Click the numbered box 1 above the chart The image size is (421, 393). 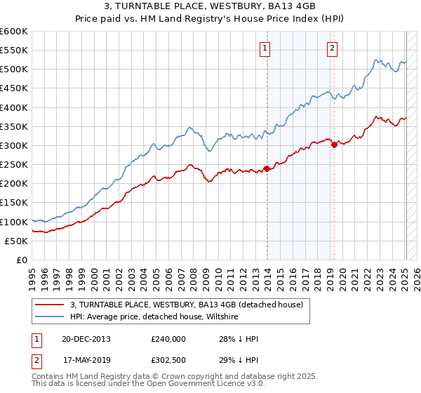point(265,48)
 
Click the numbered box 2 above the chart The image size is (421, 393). point(331,48)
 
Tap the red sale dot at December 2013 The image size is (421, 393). point(267,168)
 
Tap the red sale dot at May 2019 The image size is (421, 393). point(334,145)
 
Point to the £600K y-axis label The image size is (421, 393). point(13,32)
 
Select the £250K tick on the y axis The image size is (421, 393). point(13,165)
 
